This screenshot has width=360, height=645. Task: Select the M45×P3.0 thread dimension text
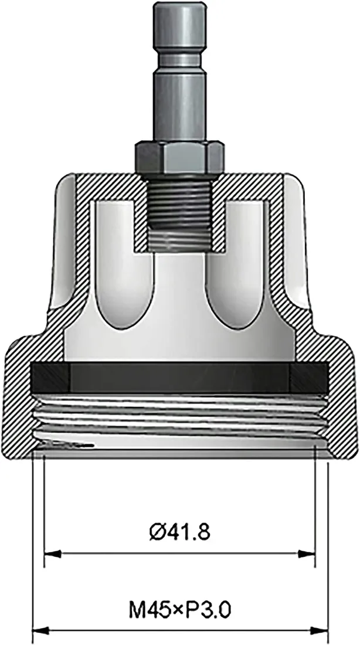click(180, 612)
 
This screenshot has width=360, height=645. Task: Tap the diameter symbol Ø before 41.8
click(157, 532)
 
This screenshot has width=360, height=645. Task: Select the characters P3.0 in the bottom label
click(211, 612)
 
